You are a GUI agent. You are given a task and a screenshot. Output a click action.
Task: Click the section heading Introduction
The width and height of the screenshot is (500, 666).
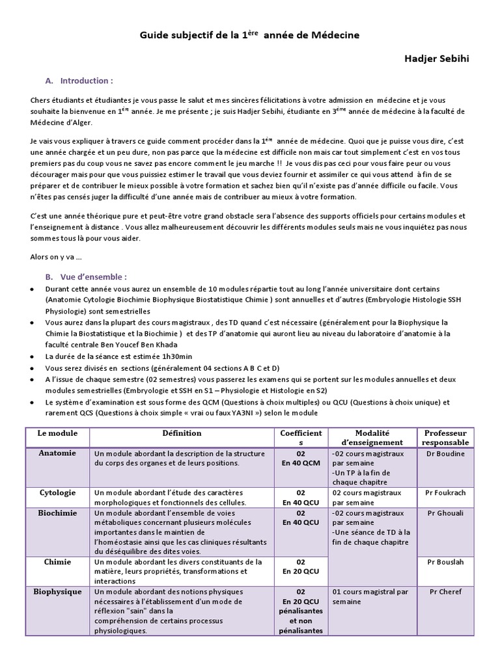coord(86,81)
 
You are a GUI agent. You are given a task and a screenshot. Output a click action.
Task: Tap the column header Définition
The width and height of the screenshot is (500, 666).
coord(182,433)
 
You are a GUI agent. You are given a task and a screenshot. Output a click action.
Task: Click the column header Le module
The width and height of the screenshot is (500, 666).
coord(57,433)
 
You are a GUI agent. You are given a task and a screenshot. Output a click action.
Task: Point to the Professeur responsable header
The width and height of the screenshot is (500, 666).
coord(445,438)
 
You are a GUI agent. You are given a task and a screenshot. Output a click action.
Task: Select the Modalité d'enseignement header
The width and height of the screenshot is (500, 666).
coord(372,438)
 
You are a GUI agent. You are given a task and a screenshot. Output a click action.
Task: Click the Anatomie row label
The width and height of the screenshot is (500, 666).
coord(57,453)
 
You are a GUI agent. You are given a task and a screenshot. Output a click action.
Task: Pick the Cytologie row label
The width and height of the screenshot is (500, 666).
coord(57,493)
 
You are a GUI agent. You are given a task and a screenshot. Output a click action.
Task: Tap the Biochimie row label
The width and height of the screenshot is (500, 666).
coord(57,513)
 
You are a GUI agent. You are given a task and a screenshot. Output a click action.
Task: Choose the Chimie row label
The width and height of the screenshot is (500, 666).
coord(57,562)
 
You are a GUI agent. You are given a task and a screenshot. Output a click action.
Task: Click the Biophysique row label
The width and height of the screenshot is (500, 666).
coord(57,592)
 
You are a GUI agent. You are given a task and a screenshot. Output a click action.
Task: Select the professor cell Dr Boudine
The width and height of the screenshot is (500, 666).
coord(445,454)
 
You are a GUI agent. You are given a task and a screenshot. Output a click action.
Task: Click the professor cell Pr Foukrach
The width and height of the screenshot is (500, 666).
coord(445,494)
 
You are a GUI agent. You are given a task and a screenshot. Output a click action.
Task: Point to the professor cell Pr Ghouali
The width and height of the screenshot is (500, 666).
coord(445,513)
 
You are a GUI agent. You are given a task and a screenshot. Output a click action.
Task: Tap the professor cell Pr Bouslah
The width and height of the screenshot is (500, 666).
coord(445,562)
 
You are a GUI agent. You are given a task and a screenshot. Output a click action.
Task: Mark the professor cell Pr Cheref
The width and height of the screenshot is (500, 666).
coord(445,592)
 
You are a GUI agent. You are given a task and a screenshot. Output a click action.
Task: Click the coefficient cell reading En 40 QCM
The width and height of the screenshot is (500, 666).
coord(300,464)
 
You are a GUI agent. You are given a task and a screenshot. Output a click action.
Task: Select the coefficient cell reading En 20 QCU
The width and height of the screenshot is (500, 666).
coord(300,572)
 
